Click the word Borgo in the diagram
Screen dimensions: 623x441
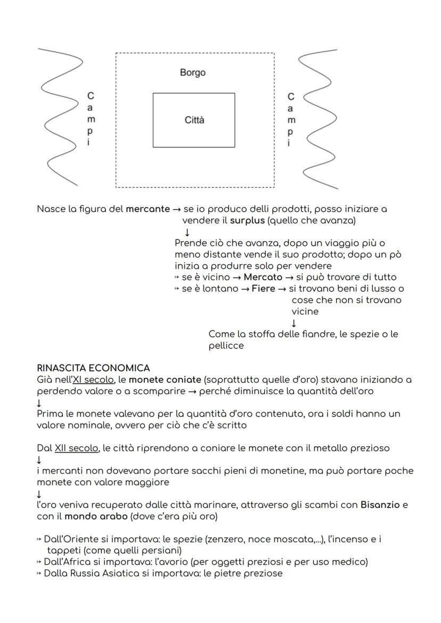pyautogui.click(x=192, y=72)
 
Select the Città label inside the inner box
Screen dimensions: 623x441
pyautogui.click(x=194, y=120)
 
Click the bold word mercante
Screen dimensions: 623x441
pyautogui.click(x=148, y=209)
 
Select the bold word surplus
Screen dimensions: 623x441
pyautogui.click(x=247, y=220)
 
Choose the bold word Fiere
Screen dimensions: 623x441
pyautogui.click(x=264, y=289)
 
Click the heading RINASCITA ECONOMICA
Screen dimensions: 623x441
pyautogui.click(x=93, y=368)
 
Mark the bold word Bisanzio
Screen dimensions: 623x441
pyautogui.click(x=380, y=505)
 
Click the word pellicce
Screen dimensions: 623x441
pyautogui.click(x=226, y=345)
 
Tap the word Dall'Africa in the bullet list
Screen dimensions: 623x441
pyautogui.click(x=68, y=562)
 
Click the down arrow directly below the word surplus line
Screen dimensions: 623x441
pyautogui.click(x=186, y=232)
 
